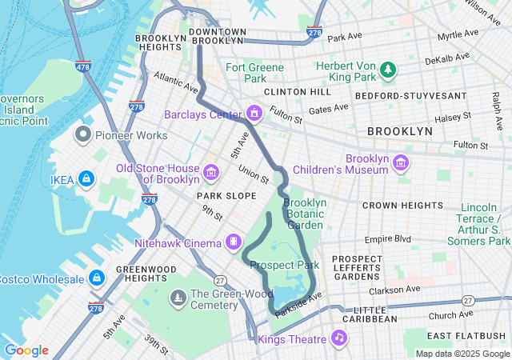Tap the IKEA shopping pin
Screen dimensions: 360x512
coord(86,178)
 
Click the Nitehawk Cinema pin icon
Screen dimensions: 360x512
coord(233,242)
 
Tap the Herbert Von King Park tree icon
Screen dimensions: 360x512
coord(388,70)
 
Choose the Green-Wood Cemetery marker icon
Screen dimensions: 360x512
coord(177,298)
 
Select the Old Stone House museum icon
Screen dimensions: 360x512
coord(211,171)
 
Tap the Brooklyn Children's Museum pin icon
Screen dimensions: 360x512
coord(401,164)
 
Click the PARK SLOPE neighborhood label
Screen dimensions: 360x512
coord(226,196)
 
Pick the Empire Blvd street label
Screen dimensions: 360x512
coord(387,238)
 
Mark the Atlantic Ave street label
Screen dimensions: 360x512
coord(176,82)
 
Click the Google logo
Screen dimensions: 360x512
coord(26,350)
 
